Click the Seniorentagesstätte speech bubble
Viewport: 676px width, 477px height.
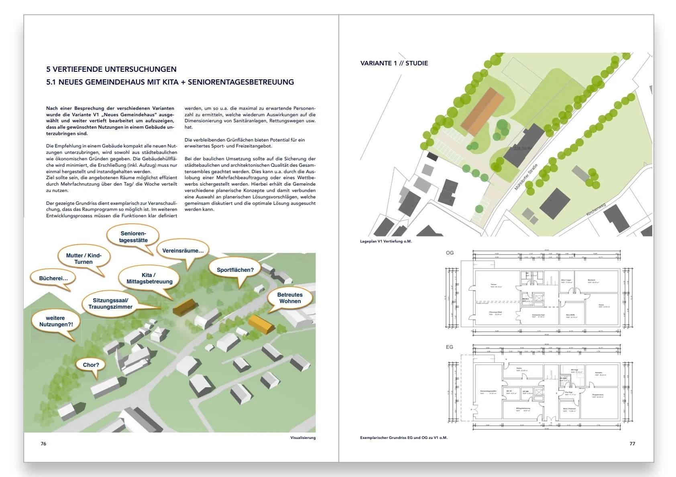pos(133,237)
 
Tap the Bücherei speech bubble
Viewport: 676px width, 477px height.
pos(53,278)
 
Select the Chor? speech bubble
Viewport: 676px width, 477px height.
pos(91,365)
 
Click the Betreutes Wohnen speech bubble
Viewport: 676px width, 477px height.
pos(290,298)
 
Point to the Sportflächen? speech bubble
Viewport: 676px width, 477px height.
pos(235,270)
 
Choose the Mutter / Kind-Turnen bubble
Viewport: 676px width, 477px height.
pos(83,259)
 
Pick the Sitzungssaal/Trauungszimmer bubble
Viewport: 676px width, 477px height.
pos(110,303)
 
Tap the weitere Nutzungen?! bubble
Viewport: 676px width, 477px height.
pos(55,321)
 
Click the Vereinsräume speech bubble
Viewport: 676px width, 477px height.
pos(183,251)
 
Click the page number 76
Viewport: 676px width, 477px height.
pos(43,444)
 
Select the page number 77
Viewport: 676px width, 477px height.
pos(632,444)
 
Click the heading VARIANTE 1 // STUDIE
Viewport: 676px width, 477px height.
pos(394,63)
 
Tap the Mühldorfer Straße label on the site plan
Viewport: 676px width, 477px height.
pos(526,177)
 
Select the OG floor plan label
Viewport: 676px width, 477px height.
pos(450,253)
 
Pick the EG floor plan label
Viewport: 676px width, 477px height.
pos(450,347)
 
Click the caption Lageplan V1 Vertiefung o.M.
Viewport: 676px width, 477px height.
pos(386,241)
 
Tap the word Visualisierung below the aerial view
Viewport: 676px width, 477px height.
pos(303,438)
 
